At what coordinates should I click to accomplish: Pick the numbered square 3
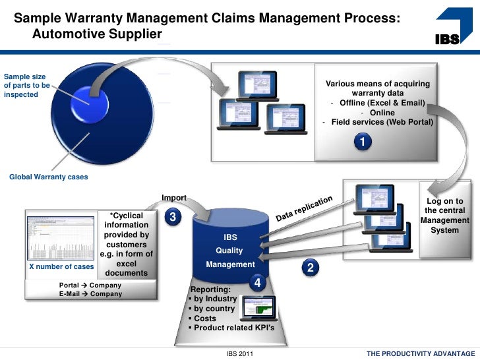pyautogui.click(x=172, y=217)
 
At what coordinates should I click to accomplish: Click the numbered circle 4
pyautogui.click(x=258, y=282)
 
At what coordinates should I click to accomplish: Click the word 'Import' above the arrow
pyautogui.click(x=174, y=198)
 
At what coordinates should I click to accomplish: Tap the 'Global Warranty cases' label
pyautogui.click(x=48, y=177)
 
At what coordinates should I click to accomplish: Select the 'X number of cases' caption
pyautogui.click(x=61, y=267)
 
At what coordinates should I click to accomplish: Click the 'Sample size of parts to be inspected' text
pyautogui.click(x=26, y=85)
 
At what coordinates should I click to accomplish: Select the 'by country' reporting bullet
pyautogui.click(x=214, y=308)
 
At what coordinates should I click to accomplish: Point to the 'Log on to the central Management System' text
pyautogui.click(x=444, y=216)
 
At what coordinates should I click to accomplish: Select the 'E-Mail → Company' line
pyautogui.click(x=90, y=294)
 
